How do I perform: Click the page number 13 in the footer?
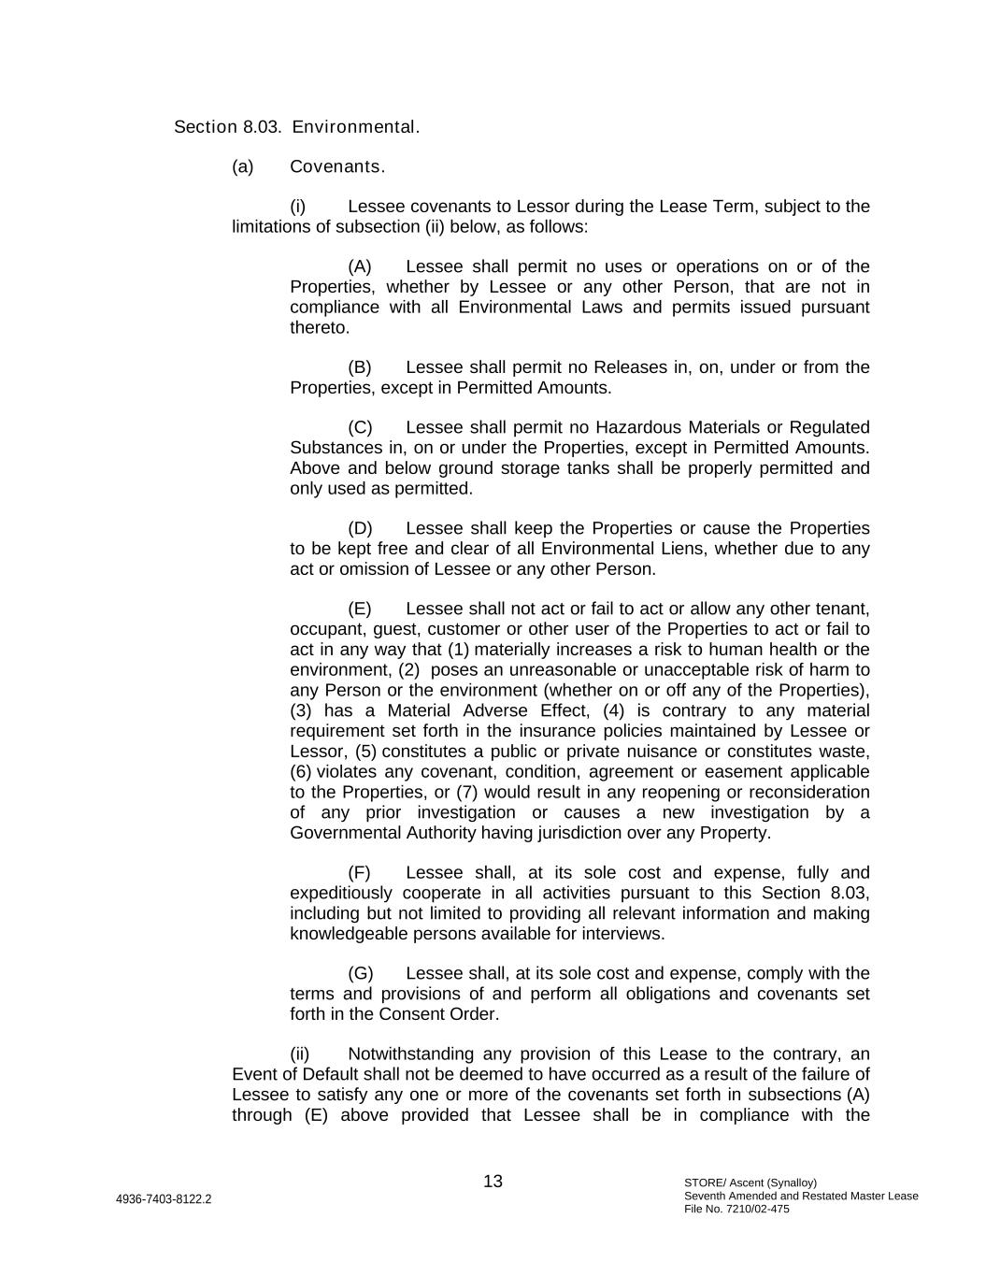coord(493,1182)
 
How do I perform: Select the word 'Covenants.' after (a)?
coord(337,167)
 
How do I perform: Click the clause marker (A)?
coord(360,266)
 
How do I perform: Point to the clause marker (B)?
coord(360,367)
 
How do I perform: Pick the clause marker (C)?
coord(360,427)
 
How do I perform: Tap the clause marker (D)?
coord(360,528)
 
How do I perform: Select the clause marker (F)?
coord(359,872)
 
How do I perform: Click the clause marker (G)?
coord(360,973)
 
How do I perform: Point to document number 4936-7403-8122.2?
coord(164,1199)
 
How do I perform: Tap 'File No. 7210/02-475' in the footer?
coord(736,1209)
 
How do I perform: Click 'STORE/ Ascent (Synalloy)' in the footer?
coord(750,1183)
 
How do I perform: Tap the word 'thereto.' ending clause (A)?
coord(320,328)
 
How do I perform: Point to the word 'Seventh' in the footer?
coord(705,1196)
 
